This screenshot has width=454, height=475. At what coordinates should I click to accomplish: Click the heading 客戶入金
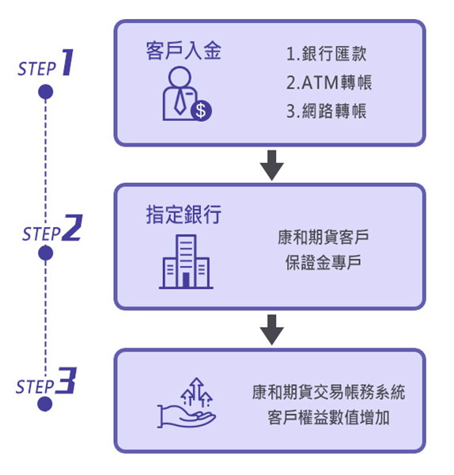click(x=184, y=53)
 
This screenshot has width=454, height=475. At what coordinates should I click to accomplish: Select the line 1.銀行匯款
click(x=327, y=55)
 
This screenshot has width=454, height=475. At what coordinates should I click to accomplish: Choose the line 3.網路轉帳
click(x=327, y=111)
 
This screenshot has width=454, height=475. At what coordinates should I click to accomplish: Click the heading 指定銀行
click(x=184, y=215)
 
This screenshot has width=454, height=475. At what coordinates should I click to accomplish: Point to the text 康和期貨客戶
click(x=323, y=237)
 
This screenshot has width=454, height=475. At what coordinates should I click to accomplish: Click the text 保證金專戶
click(x=323, y=262)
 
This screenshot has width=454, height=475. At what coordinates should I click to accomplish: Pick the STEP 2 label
click(x=51, y=230)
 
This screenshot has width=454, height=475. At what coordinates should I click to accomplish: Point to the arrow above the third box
click(x=271, y=329)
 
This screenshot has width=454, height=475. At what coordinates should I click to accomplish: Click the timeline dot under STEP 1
click(x=46, y=93)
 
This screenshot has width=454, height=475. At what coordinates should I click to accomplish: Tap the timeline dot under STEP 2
click(x=46, y=253)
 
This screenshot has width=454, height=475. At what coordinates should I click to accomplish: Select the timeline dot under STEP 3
click(x=46, y=405)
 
